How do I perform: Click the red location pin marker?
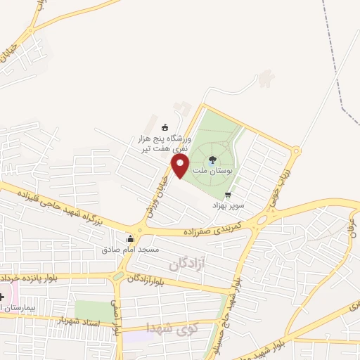coord(181,167)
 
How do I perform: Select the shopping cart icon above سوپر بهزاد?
coord(227,195)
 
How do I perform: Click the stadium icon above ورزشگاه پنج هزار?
coord(165,127)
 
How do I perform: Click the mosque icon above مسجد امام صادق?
coord(130,238)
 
